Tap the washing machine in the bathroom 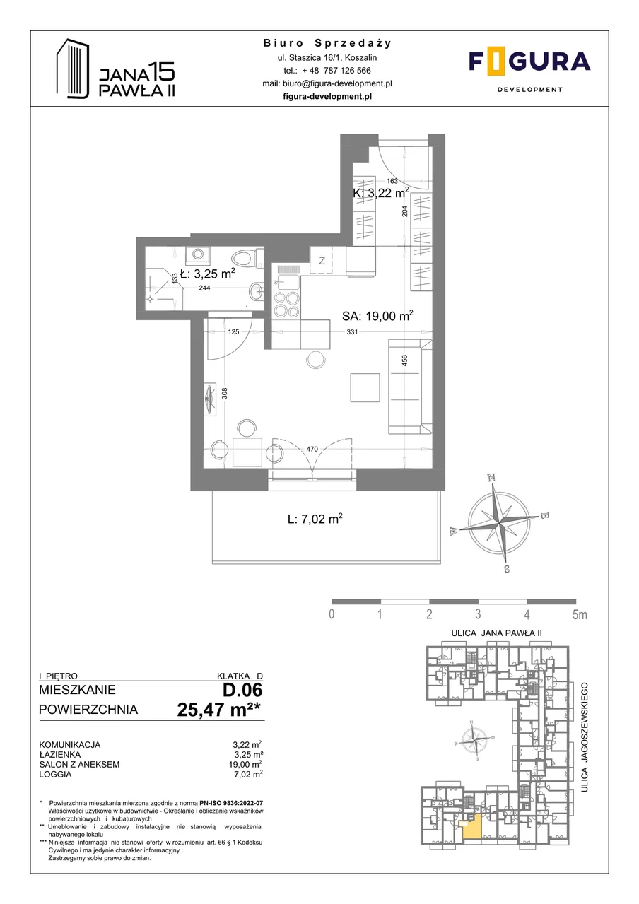(x=197, y=254)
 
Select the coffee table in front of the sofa (x=365, y=387)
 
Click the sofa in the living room (x=410, y=387)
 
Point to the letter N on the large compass (x=491, y=479)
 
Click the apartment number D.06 (x=242, y=690)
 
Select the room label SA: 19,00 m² (x=377, y=316)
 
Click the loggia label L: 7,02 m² (x=315, y=519)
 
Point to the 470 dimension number (x=312, y=449)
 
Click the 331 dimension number (x=352, y=332)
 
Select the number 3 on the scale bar (x=478, y=614)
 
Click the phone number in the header (x=336, y=70)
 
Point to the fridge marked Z (x=322, y=260)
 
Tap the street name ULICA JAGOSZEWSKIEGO (x=585, y=737)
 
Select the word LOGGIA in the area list (x=55, y=775)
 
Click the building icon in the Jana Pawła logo (x=72, y=69)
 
